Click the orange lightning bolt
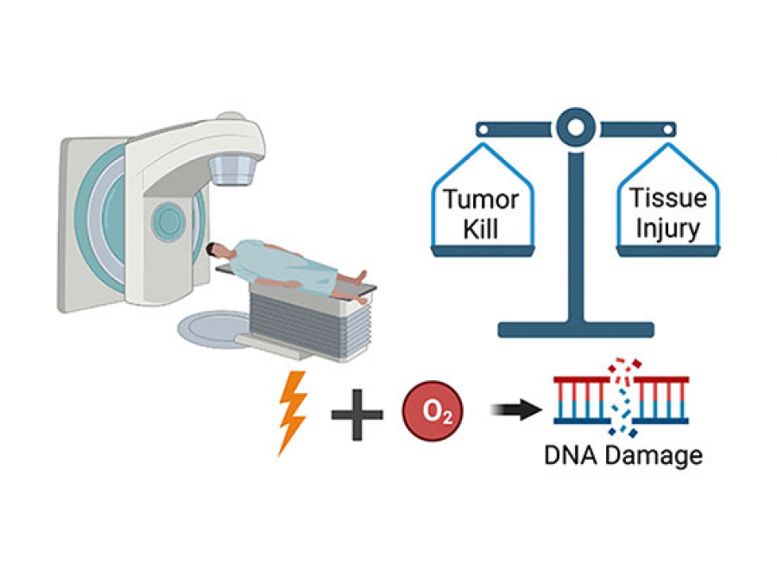click(292, 413)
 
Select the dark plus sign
click(357, 414)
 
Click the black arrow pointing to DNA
click(511, 411)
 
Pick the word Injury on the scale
click(667, 231)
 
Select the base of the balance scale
click(572, 328)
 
